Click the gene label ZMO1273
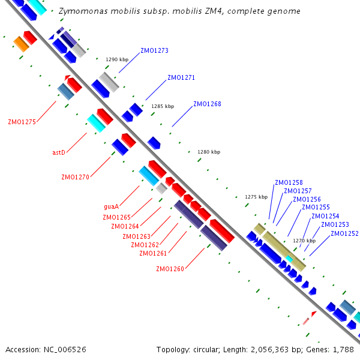coord(154,51)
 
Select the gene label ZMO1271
coord(181,77)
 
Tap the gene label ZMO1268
coord(207,104)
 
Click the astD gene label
coord(58,152)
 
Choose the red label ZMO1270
coord(75,177)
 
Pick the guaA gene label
coord(111,206)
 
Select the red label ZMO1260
coord(170,269)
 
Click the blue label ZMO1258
coord(289,182)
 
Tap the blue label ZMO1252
coord(344,233)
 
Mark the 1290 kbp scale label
coord(117,59)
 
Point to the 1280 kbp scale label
coord(209,152)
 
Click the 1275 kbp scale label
coord(256,197)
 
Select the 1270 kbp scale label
coord(304,241)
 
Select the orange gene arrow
coord(22,44)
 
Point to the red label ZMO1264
coord(125,226)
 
